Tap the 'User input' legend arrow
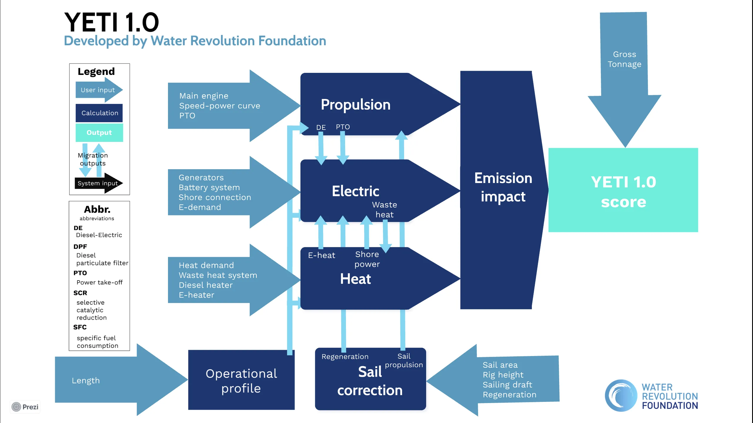pos(98,90)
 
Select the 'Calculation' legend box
pos(99,113)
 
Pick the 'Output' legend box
pos(99,132)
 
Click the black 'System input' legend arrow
pos(98,183)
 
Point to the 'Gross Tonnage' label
pos(624,59)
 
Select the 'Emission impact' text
pos(503,187)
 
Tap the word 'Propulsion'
pos(355,105)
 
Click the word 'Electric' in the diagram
pos(355,191)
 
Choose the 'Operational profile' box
pos(241,380)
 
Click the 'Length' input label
pos(86,381)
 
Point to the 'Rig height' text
pos(503,375)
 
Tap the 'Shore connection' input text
pos(215,197)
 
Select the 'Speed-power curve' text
pos(219,106)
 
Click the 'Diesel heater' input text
pos(206,285)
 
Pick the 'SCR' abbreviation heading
pos(80,293)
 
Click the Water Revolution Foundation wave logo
pos(621,395)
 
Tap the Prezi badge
pos(25,407)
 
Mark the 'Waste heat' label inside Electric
pos(384,210)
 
